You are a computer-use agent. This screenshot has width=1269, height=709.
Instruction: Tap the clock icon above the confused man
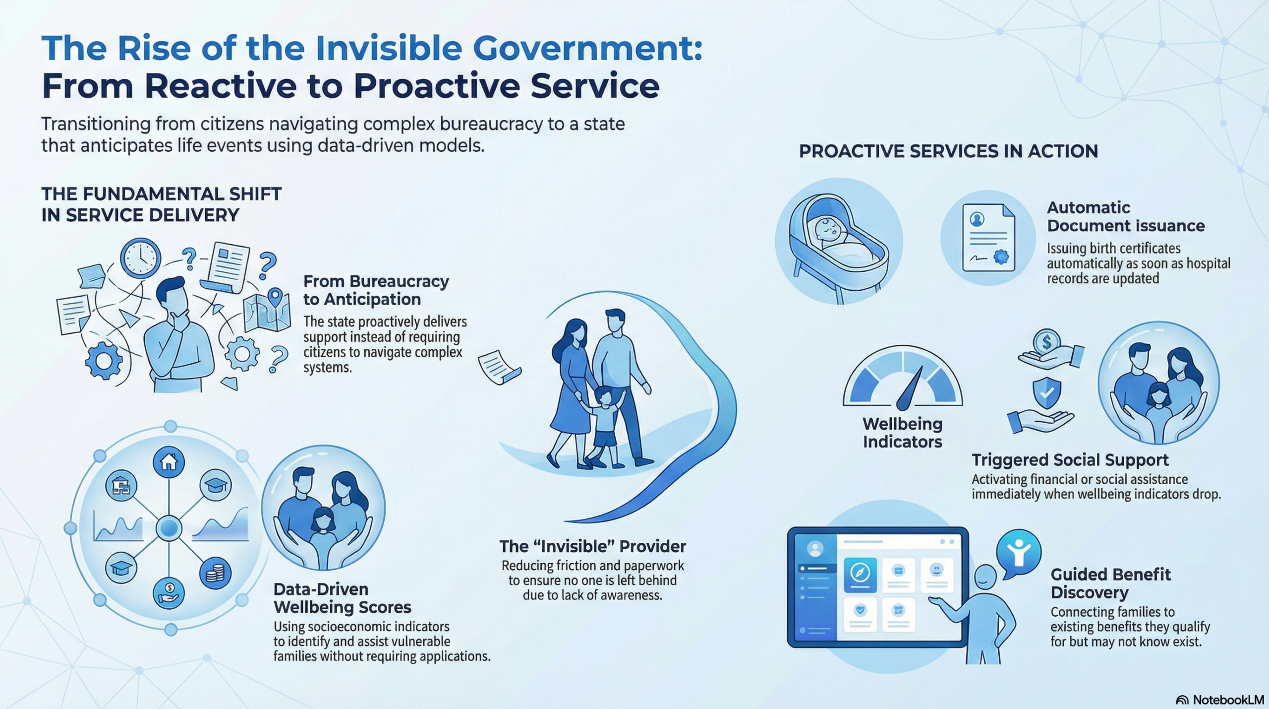tap(140, 258)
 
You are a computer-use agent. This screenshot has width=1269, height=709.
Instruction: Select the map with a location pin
tap(268, 310)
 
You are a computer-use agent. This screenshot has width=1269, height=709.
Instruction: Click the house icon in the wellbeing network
tap(169, 462)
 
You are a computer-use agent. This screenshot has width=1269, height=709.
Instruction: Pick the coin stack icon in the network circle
tap(215, 574)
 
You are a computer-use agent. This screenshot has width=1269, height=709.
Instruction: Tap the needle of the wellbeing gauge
tap(911, 389)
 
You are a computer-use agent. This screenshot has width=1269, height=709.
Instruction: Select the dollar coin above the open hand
tap(1046, 342)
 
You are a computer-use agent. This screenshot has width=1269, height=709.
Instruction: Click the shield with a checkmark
tap(1046, 393)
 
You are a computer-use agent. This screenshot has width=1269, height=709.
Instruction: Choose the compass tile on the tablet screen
tap(860, 575)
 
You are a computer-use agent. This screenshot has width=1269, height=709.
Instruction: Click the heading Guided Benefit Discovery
tap(1110, 583)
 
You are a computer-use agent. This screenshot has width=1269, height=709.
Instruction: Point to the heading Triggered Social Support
tap(1070, 460)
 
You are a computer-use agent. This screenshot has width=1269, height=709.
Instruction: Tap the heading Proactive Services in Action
tap(948, 151)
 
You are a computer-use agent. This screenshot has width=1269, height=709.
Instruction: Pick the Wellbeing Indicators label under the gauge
tap(902, 433)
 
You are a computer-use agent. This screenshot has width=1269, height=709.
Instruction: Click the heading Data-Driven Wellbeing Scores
tap(343, 598)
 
